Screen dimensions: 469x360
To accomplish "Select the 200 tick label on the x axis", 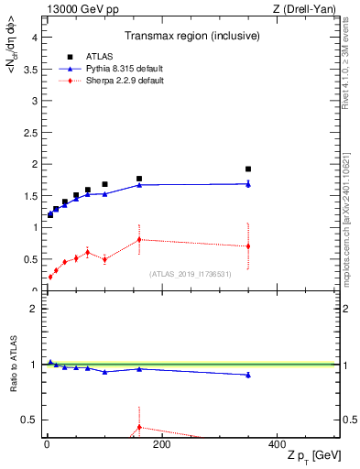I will [x=161, y=445].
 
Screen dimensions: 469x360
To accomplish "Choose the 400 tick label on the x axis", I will [x=276, y=445].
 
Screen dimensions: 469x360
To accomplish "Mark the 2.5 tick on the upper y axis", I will [x=33, y=133].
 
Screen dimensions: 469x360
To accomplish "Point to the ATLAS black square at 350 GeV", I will [x=248, y=169].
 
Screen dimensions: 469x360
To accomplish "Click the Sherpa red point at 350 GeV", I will [x=248, y=246].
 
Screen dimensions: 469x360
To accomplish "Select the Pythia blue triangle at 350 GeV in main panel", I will [x=248, y=184].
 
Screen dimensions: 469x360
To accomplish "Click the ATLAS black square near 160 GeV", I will [x=139, y=179].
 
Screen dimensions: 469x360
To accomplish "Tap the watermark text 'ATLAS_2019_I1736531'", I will [x=191, y=274].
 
